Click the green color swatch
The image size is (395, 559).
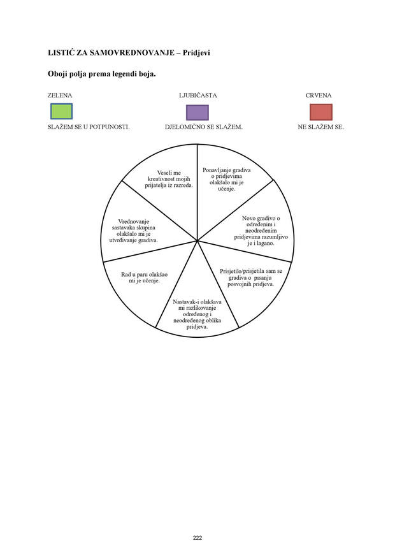pyautogui.click(x=62, y=112)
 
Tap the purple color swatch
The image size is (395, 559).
pyautogui.click(x=197, y=112)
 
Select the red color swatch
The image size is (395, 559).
pyautogui.click(x=321, y=112)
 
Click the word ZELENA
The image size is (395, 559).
pyautogui.click(x=60, y=96)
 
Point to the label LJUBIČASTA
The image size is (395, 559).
pyautogui.click(x=197, y=96)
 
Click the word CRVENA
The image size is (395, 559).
pyautogui.click(x=319, y=96)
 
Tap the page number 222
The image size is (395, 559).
pyautogui.click(x=197, y=538)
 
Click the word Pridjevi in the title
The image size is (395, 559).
pyautogui.click(x=196, y=53)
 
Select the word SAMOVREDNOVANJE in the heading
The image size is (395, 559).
pyautogui.click(x=132, y=53)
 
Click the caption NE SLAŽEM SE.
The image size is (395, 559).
pyautogui.click(x=321, y=127)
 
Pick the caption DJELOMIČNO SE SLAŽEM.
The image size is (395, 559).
pyautogui.click(x=204, y=127)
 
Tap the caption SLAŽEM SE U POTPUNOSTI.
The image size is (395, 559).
pyautogui.click(x=89, y=127)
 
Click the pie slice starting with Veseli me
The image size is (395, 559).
pyautogui.click(x=169, y=179)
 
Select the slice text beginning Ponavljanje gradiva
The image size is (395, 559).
pyautogui.click(x=227, y=179)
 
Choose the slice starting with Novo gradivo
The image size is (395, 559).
pyautogui.click(x=261, y=231)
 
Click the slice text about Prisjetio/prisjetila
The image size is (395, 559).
pyautogui.click(x=251, y=278)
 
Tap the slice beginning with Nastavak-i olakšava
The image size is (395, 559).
pyautogui.click(x=197, y=314)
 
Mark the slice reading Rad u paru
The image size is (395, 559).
pyautogui.click(x=144, y=277)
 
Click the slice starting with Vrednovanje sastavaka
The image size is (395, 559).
pyautogui.click(x=133, y=231)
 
